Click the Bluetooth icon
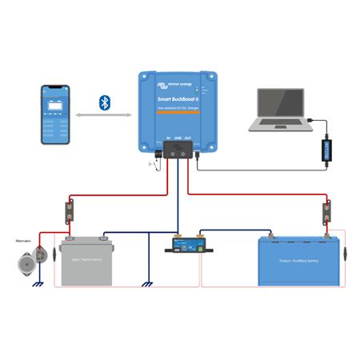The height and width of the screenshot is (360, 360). coord(103,102)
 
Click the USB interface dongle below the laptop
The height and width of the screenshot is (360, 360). coord(326,151)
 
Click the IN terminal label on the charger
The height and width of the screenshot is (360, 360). coord(168,138)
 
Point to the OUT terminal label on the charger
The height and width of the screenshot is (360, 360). coord(189,138)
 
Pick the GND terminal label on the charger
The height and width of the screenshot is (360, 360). coord(178,138)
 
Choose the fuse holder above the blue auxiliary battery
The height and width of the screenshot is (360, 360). coord(326,215)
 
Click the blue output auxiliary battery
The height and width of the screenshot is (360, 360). coord(294,262)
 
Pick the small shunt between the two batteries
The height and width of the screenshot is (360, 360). coord(185,244)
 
